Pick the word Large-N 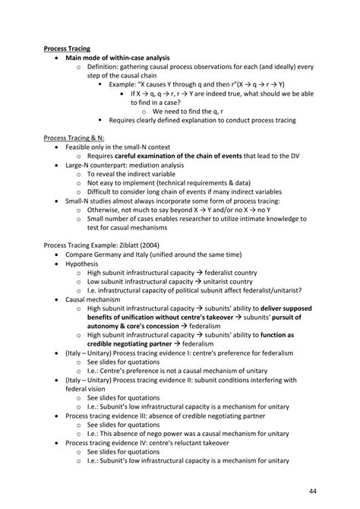pos(82,164)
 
